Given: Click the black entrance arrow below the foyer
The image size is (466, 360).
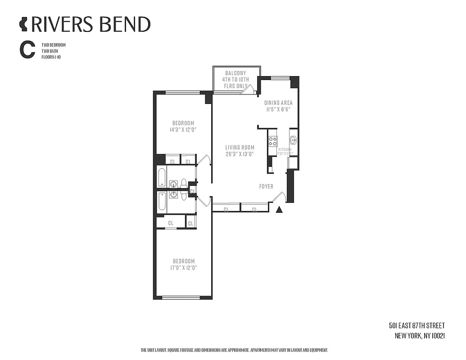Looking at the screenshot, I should pyautogui.click(x=279, y=209).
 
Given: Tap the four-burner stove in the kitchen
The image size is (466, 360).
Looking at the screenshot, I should pyautogui.click(x=273, y=141).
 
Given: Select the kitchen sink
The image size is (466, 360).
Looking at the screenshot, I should pyautogui.click(x=293, y=139).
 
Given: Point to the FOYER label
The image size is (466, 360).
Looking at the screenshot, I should pyautogui.click(x=266, y=186).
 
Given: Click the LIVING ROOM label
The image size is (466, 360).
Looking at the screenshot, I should pyautogui.click(x=240, y=148).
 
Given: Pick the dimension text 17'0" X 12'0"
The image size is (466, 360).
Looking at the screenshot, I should pyautogui.click(x=183, y=268).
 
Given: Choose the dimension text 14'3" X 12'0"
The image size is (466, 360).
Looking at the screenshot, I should pyautogui.click(x=183, y=130).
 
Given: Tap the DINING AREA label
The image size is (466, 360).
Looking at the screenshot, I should pyautogui.click(x=278, y=103).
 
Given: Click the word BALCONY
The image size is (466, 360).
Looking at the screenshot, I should pyautogui.click(x=235, y=73).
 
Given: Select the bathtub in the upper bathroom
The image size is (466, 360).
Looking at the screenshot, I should pyautogui.click(x=162, y=177).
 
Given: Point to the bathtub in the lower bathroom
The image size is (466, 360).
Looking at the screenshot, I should pyautogui.click(x=162, y=202).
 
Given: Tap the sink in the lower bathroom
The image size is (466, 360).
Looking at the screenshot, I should pyautogui.click(x=173, y=195).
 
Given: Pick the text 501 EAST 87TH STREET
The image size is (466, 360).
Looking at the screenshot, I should pyautogui.click(x=417, y=326).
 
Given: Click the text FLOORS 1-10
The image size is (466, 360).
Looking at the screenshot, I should pyautogui.click(x=50, y=57).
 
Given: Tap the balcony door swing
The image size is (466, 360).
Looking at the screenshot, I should pyautogui.click(x=246, y=90).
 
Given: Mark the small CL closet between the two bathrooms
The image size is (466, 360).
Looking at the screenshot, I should pyautogui.click(x=192, y=191).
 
